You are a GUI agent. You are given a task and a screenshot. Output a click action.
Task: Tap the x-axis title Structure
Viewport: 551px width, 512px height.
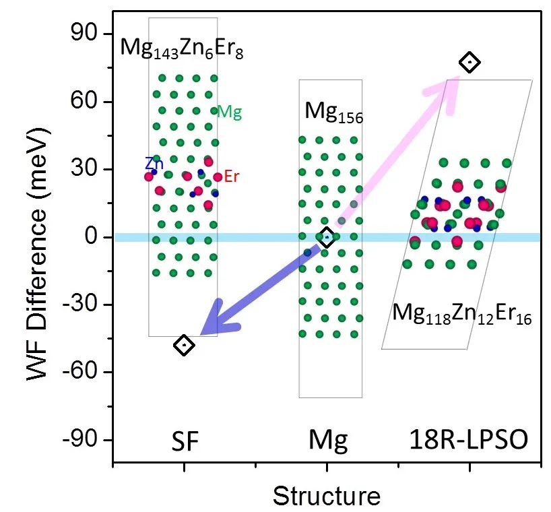tap(327, 496)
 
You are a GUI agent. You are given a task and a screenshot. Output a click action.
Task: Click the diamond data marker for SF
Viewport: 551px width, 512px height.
tap(184, 345)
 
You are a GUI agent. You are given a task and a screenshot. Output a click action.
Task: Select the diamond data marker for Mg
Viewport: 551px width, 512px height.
tap(327, 237)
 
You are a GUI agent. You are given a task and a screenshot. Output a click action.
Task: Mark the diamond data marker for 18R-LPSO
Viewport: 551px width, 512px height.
tap(469, 63)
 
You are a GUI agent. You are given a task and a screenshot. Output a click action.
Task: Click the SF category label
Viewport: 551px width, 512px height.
tap(184, 441)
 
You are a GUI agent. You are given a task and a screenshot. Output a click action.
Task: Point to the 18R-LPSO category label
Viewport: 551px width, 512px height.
tap(469, 441)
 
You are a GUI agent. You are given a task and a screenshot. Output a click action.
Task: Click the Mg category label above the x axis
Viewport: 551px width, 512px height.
tap(328, 441)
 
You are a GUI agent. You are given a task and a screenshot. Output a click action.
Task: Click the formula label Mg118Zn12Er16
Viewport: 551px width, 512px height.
tap(462, 315)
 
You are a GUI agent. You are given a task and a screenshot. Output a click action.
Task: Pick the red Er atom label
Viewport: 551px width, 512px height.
tap(232, 177)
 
